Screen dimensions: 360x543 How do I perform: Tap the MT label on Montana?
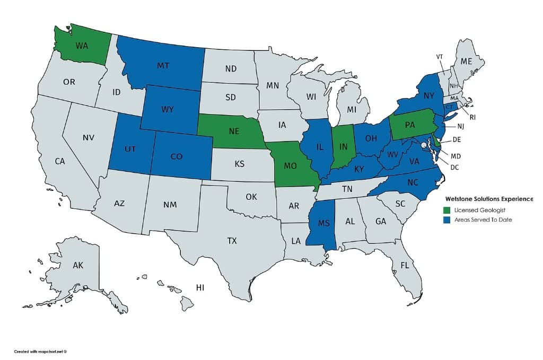(163, 66)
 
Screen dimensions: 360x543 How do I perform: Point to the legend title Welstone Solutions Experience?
(489, 199)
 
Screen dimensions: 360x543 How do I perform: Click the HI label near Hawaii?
(200, 287)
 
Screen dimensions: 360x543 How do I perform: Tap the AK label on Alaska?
(78, 265)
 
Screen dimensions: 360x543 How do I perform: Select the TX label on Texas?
(232, 241)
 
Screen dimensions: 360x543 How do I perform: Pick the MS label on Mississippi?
(324, 223)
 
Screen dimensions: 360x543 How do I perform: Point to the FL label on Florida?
(405, 265)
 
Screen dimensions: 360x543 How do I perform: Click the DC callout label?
(454, 166)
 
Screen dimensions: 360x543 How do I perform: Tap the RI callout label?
(472, 117)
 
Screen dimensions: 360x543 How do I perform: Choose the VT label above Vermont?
(440, 56)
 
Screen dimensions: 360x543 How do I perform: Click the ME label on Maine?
(466, 62)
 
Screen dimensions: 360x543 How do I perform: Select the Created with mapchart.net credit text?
(40, 351)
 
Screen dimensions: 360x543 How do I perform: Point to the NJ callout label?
(461, 126)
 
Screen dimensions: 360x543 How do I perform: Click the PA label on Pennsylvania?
(409, 126)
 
